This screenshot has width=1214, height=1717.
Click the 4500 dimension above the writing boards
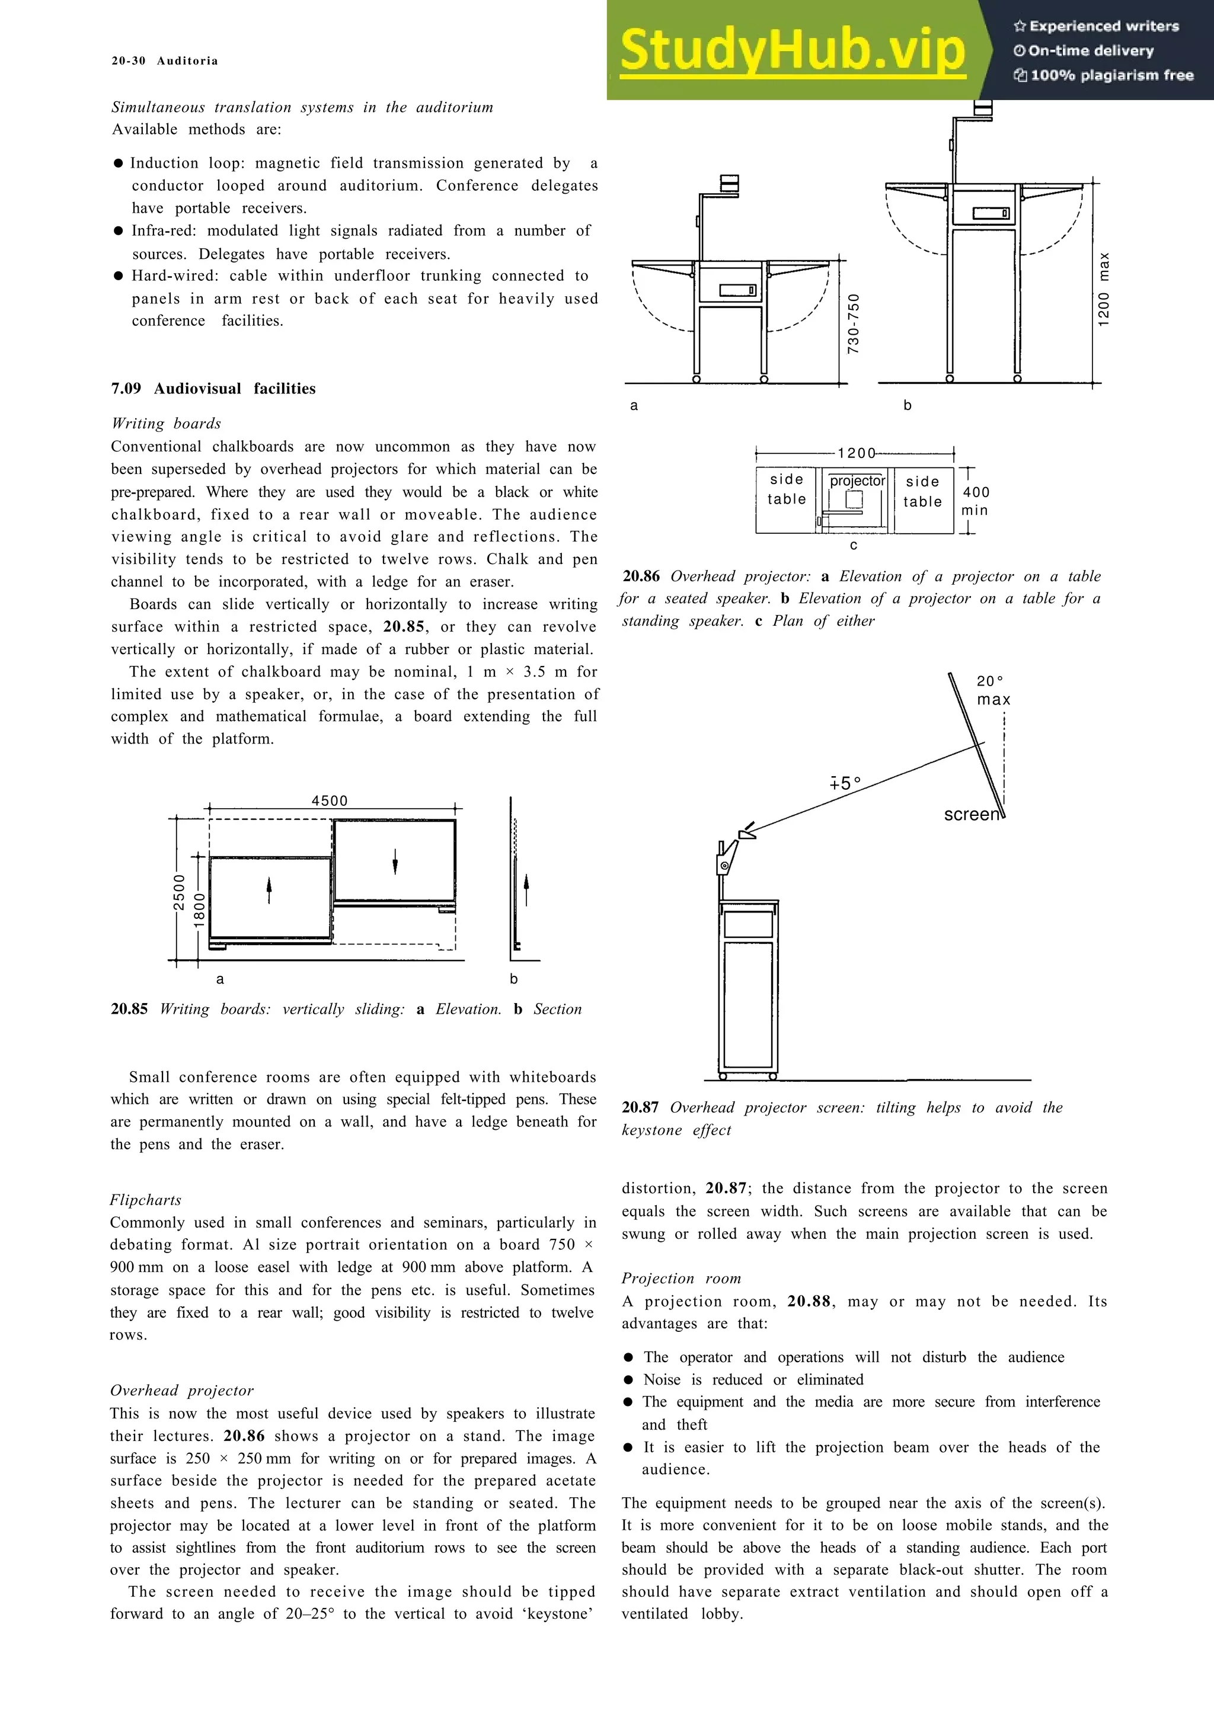click(x=330, y=801)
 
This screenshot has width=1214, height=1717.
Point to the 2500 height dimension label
click(x=180, y=893)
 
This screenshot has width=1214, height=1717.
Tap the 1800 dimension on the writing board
click(x=200, y=910)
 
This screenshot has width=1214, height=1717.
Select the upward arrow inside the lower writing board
click(x=269, y=890)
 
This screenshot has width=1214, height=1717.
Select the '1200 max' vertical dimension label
click(x=1104, y=289)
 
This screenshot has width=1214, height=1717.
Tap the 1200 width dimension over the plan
click(x=857, y=453)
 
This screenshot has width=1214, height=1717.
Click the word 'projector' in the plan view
click(x=857, y=481)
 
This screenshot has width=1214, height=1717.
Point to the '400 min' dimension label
click(x=975, y=501)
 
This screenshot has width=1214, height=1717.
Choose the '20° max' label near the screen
click(x=992, y=690)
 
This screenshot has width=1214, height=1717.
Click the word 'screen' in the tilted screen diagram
click(x=971, y=815)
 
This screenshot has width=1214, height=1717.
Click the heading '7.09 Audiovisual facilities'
click(x=213, y=388)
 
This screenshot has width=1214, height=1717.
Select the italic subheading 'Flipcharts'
click(x=146, y=1200)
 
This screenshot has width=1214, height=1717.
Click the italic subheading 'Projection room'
click(x=682, y=1279)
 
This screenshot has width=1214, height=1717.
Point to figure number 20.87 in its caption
click(x=640, y=1107)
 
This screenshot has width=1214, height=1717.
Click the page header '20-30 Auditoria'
click(x=165, y=60)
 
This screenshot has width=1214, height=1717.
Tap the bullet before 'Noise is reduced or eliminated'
click(x=628, y=1380)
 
